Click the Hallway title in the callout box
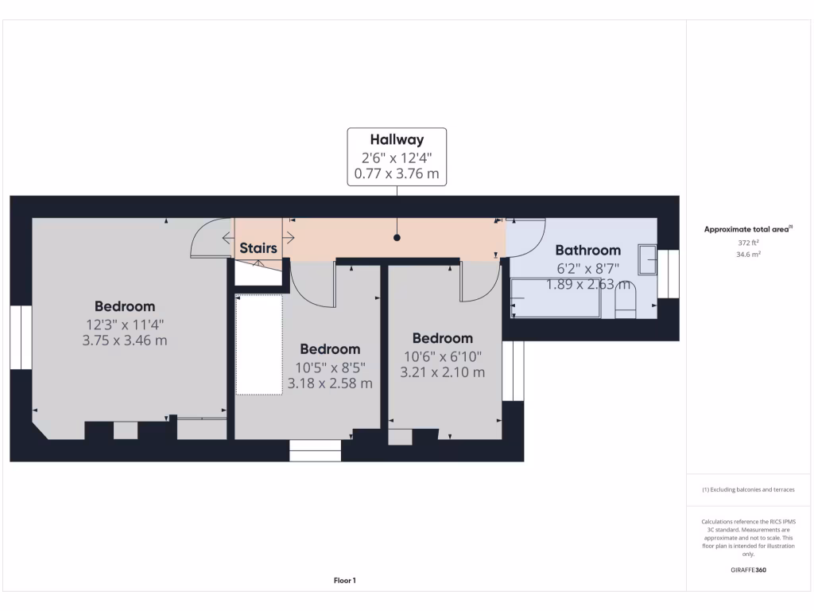pyautogui.click(x=397, y=140)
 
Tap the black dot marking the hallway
pyautogui.click(x=397, y=238)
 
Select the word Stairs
pyautogui.click(x=258, y=248)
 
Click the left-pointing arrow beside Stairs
pyautogui.click(x=228, y=237)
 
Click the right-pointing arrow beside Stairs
pyautogui.click(x=289, y=237)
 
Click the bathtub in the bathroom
pyautogui.click(x=555, y=298)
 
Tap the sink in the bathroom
pyautogui.click(x=649, y=259)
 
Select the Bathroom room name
pyautogui.click(x=587, y=250)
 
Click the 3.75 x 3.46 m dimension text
pyautogui.click(x=125, y=341)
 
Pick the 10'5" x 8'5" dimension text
pyautogui.click(x=330, y=367)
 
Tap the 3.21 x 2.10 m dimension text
pyautogui.click(x=442, y=372)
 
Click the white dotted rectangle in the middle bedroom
pyautogui.click(x=259, y=344)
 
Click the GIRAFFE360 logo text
pyautogui.click(x=747, y=570)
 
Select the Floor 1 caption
pyautogui.click(x=345, y=581)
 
